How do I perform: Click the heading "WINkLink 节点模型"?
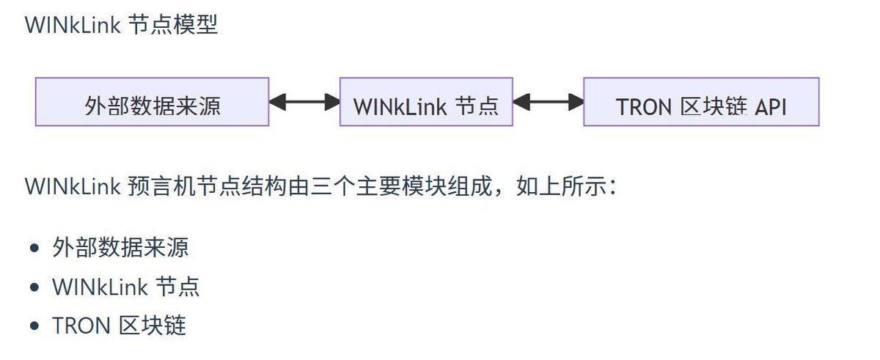pyautogui.click(x=121, y=25)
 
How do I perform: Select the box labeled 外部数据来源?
pyautogui.click(x=152, y=102)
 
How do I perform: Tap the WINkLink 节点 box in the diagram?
pyautogui.click(x=425, y=102)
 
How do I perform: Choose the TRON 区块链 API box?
pyautogui.click(x=700, y=102)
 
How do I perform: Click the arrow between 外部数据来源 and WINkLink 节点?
pyautogui.click(x=304, y=102)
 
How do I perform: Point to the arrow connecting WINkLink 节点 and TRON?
pyautogui.click(x=548, y=102)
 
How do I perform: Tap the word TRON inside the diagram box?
pyautogui.click(x=645, y=107)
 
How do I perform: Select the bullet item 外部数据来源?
pyautogui.click(x=120, y=247)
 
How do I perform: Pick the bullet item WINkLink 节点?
pyautogui.click(x=125, y=286)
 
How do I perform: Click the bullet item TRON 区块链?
pyautogui.click(x=119, y=325)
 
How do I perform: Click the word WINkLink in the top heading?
pyautogui.click(x=73, y=25)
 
